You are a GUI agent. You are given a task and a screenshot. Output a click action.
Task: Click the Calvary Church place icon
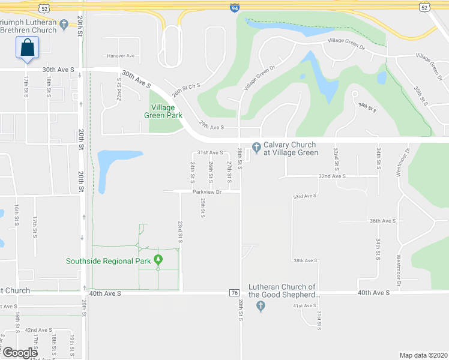tap(256, 146)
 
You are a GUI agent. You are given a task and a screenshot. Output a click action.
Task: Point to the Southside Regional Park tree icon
tap(158, 260)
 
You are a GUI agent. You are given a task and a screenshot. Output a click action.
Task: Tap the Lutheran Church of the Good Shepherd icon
tap(260, 307)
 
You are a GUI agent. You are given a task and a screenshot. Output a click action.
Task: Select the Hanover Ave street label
tap(121, 56)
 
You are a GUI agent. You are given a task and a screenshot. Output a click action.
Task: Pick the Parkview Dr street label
tap(207, 192)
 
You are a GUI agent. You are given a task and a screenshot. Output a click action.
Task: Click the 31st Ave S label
tap(211, 153)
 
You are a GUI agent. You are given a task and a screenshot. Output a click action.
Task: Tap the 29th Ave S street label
tap(211, 127)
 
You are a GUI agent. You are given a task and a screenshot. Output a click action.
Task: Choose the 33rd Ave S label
tap(304, 196)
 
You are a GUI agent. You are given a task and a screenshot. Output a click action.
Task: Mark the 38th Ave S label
tap(305, 260)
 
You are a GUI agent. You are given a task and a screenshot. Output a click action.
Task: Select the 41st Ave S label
tap(304, 306)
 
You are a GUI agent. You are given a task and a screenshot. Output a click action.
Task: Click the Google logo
tap(20, 352)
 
